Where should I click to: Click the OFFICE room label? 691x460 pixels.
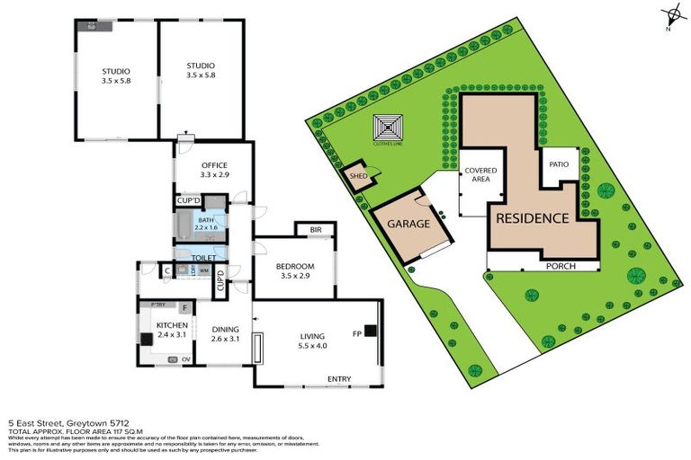(213, 164)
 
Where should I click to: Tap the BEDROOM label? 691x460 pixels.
(294, 267)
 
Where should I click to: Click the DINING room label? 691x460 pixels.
(224, 329)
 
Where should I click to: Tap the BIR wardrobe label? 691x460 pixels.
(315, 230)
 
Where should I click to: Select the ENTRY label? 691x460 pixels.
(338, 378)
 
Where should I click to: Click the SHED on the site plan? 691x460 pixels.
(358, 177)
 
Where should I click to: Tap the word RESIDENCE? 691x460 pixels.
(530, 217)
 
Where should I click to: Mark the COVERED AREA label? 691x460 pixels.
(476, 174)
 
